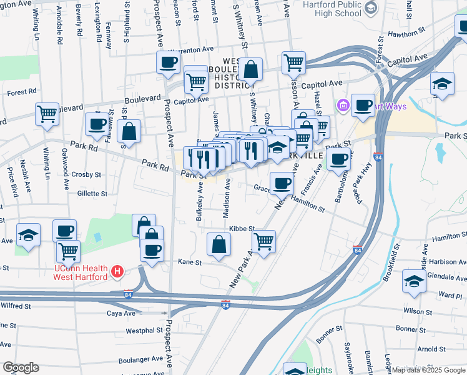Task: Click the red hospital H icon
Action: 117,271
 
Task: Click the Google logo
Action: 21,367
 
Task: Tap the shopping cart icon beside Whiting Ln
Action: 47,114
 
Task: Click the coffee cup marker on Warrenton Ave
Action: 168,62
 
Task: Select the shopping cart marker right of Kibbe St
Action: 264,240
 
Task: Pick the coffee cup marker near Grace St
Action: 282,184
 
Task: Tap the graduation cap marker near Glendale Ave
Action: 414,281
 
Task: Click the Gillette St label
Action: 92,194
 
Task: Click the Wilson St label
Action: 418,311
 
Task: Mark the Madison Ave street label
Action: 227,199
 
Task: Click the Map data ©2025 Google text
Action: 428,370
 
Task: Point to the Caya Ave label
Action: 121,312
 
